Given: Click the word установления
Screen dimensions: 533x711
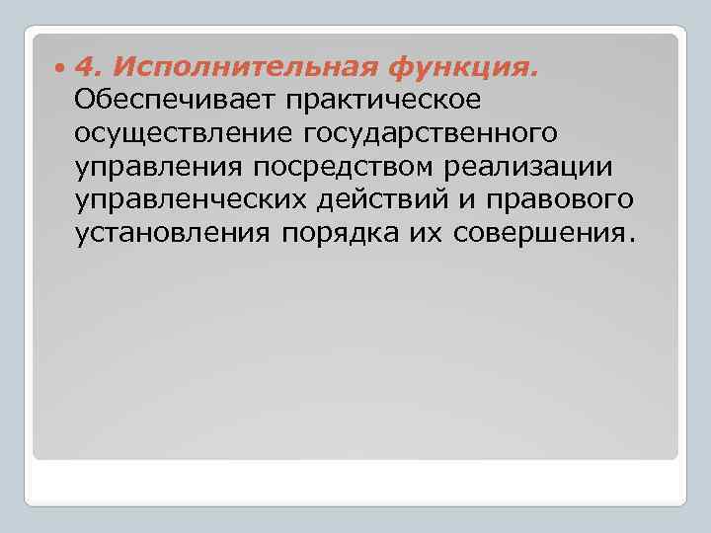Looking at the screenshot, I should click(173, 235).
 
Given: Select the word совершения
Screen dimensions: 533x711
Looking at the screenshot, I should click(533, 235).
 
